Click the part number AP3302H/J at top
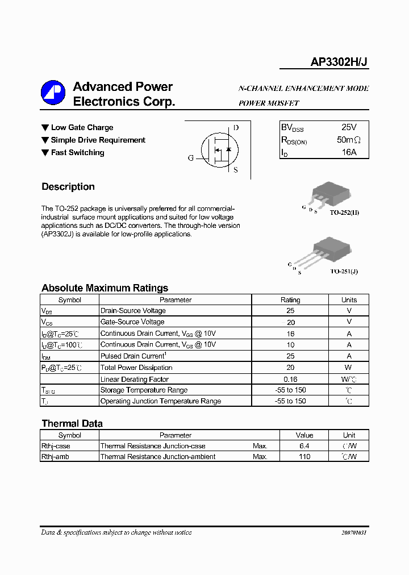tap(339, 64)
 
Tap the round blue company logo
tap(53, 93)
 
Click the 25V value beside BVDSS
tap(349, 127)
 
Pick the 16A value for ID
tap(349, 152)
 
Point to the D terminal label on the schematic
tap(236, 128)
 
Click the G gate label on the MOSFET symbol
tap(191, 158)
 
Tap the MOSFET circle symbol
tap(219, 149)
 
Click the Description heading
tap(68, 187)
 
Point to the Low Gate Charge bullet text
tap(82, 128)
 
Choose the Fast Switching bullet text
tap(77, 153)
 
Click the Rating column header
tap(290, 300)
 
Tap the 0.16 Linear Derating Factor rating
tap(290, 379)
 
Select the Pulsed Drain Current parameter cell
tap(132, 356)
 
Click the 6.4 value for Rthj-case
tap(304, 446)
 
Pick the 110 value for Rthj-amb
tap(304, 457)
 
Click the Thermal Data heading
tap(72, 424)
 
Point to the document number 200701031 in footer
tap(354, 533)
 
